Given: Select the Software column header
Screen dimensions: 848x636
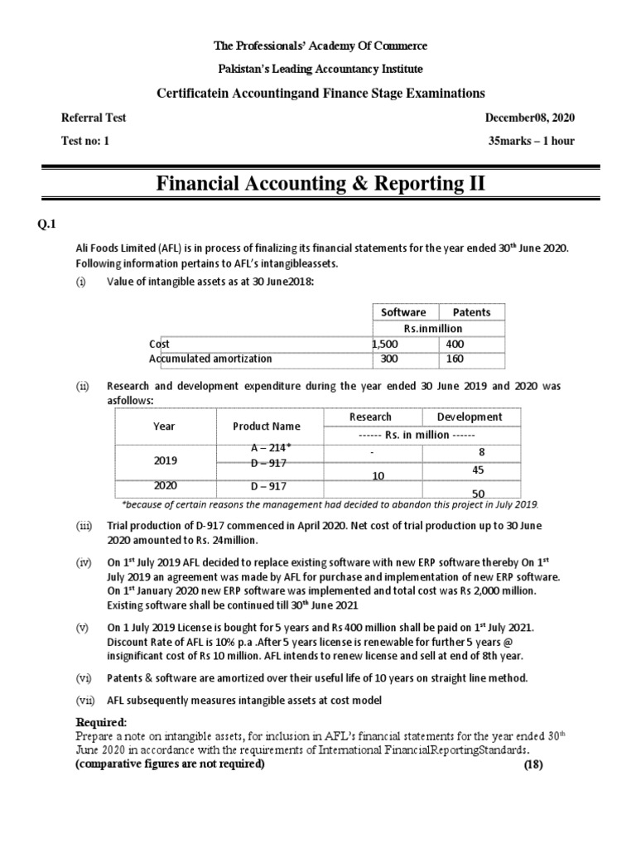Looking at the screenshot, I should [403, 312].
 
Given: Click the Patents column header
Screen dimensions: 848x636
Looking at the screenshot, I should [471, 312].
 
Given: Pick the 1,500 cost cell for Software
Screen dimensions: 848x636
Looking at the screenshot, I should [386, 344].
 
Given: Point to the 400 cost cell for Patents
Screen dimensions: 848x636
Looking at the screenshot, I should [455, 344].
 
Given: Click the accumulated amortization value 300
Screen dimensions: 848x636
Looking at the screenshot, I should [388, 359].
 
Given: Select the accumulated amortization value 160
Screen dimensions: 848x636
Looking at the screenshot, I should [455, 359].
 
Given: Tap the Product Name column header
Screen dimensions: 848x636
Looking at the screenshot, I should [267, 426].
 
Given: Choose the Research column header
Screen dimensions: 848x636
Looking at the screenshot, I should [370, 417].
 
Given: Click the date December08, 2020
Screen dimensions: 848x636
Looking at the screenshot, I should [529, 118].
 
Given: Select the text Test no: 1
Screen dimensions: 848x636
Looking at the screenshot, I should [85, 141].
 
